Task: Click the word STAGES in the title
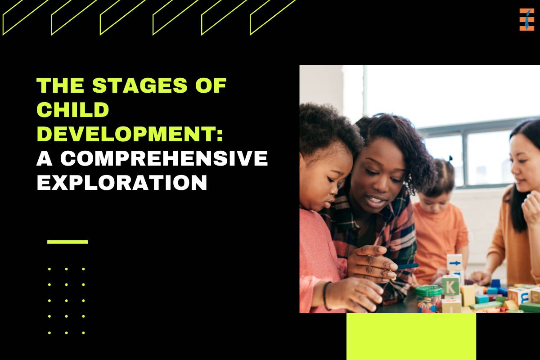point(139,85)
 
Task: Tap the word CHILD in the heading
point(73,109)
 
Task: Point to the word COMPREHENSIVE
point(164,158)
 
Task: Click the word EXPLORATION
point(122,182)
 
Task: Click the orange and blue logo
point(526,19)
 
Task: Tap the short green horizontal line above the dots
point(67,242)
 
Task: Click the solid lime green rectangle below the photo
point(411,337)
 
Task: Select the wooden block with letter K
point(450,286)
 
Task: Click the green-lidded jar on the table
point(428,299)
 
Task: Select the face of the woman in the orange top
point(524,166)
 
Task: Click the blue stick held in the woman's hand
point(407,266)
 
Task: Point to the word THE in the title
point(60,85)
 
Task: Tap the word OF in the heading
point(211,85)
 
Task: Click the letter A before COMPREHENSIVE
point(45,158)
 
